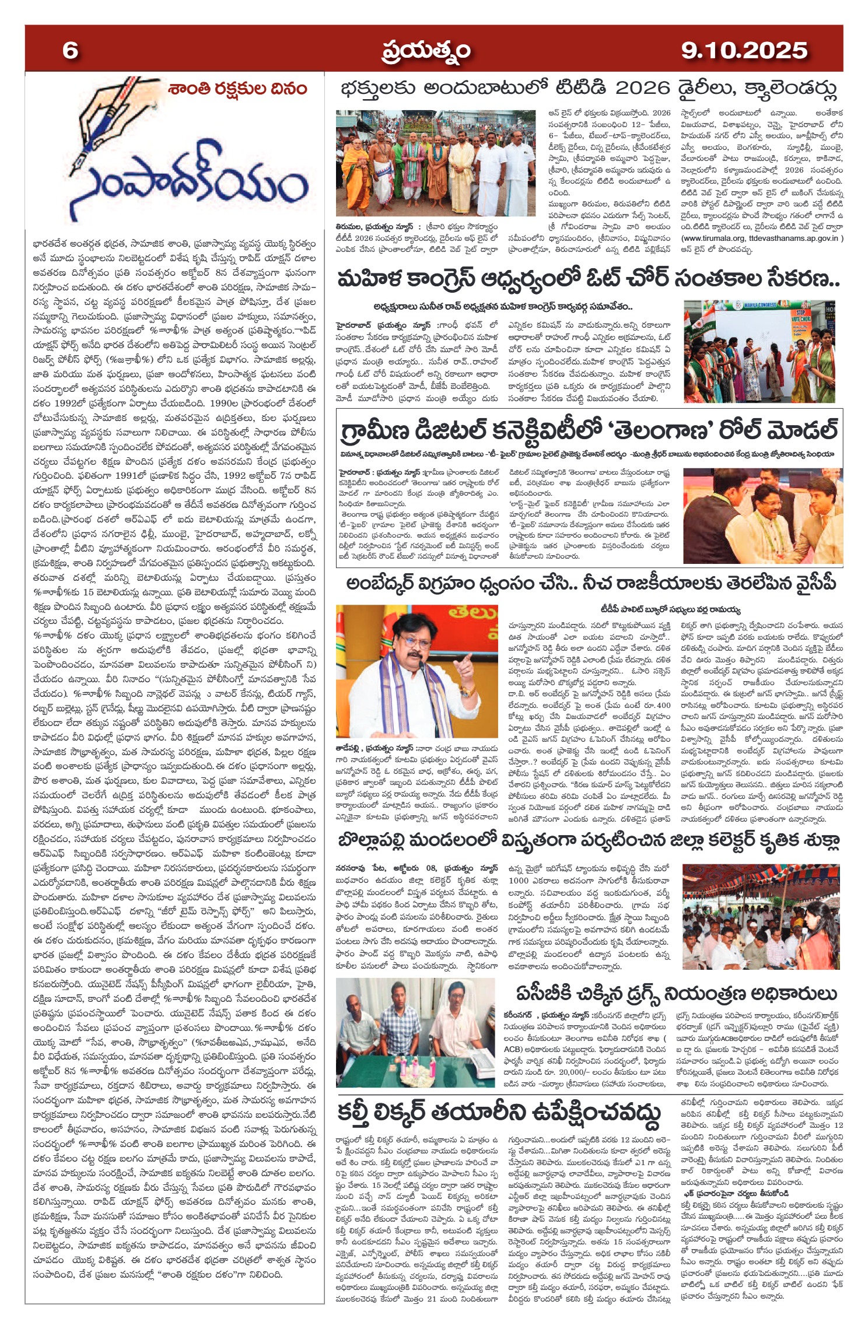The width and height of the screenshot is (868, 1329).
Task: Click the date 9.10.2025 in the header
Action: (x=744, y=51)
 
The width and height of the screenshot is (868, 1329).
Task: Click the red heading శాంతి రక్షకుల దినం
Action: (x=237, y=89)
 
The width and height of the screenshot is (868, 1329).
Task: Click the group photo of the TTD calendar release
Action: (x=436, y=163)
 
